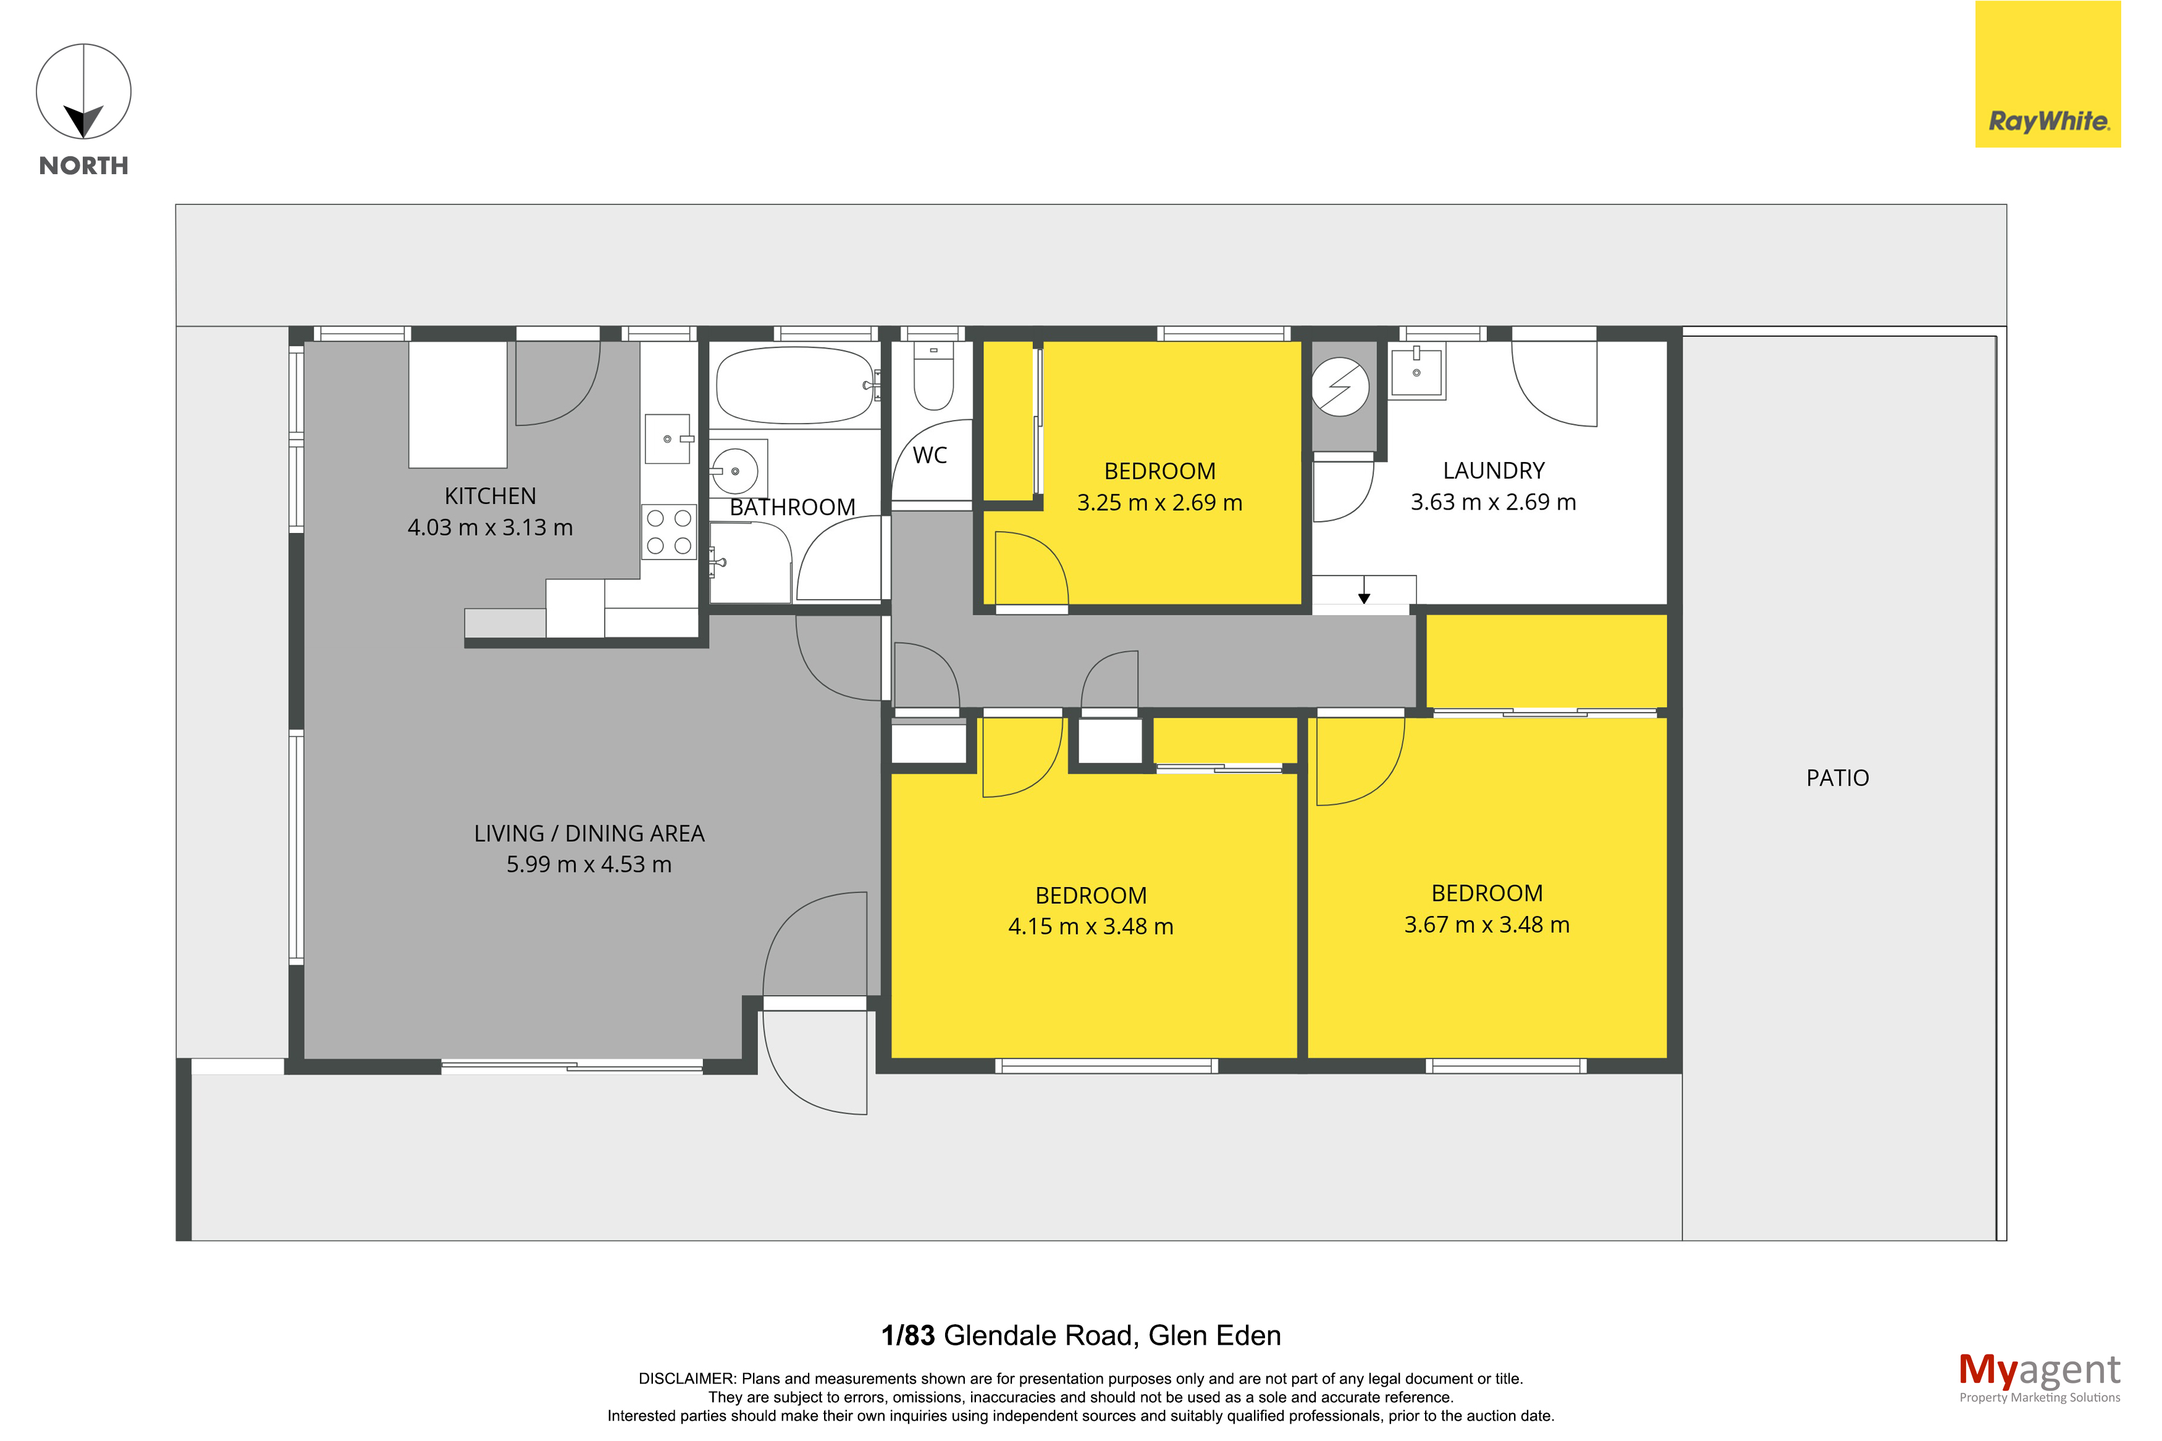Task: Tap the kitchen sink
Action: point(668,439)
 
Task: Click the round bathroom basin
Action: point(735,471)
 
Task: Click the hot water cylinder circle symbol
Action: point(1340,386)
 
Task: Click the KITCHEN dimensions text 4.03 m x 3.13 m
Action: point(490,527)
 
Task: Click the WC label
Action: point(930,455)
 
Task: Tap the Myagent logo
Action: point(2039,1377)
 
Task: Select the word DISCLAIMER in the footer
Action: point(686,1379)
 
